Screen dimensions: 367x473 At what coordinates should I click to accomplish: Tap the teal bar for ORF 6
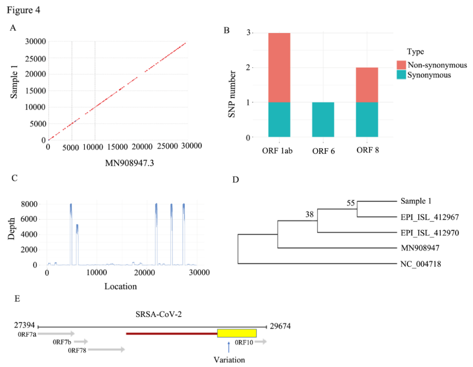[323, 120]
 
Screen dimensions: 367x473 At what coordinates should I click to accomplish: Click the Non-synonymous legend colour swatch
[402, 65]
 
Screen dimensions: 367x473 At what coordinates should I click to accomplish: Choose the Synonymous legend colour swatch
[402, 75]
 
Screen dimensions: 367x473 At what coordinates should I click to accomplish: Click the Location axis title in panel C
[120, 287]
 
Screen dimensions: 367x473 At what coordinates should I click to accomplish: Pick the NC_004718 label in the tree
[420, 264]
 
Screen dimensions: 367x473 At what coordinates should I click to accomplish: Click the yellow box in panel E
[237, 333]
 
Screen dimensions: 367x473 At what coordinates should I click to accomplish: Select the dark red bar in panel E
[171, 333]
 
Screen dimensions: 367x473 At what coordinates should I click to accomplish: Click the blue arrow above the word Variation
[229, 347]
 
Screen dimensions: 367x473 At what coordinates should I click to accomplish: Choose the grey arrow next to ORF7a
[57, 334]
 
